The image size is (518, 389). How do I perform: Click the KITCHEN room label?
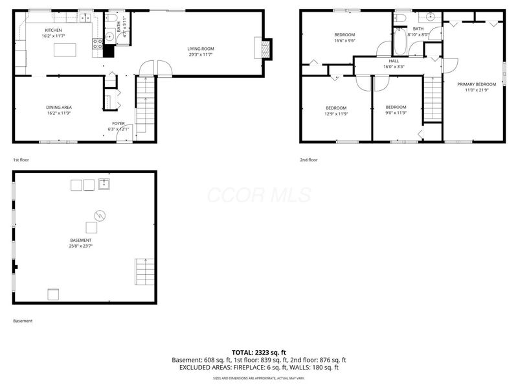53,30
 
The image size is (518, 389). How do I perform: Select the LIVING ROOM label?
201,49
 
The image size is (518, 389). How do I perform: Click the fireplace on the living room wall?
264,49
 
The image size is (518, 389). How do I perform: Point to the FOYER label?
118,123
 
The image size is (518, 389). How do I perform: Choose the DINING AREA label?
58,107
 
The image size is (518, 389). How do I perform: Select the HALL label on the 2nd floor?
394,60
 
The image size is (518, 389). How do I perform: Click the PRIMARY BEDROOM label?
477,84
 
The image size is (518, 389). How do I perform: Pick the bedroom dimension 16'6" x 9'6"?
344,40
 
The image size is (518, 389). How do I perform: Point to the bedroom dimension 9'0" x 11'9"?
396,113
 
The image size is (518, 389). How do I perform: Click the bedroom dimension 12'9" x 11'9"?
336,114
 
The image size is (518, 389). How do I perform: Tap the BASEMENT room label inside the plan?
81,240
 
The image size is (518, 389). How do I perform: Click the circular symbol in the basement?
100,215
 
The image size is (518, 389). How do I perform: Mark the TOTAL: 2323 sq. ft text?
259,352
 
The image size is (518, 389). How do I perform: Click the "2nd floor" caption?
309,159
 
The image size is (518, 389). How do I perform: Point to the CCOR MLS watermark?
259,195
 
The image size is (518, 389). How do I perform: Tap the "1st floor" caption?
21,159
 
